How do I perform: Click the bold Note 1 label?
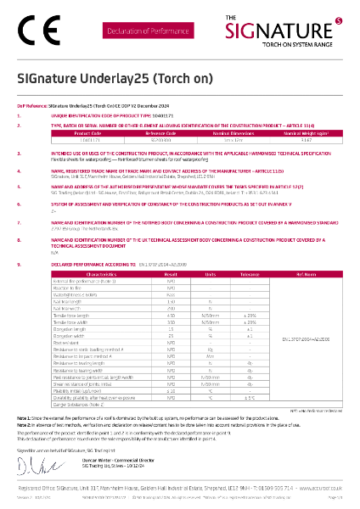(x=24, y=419)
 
